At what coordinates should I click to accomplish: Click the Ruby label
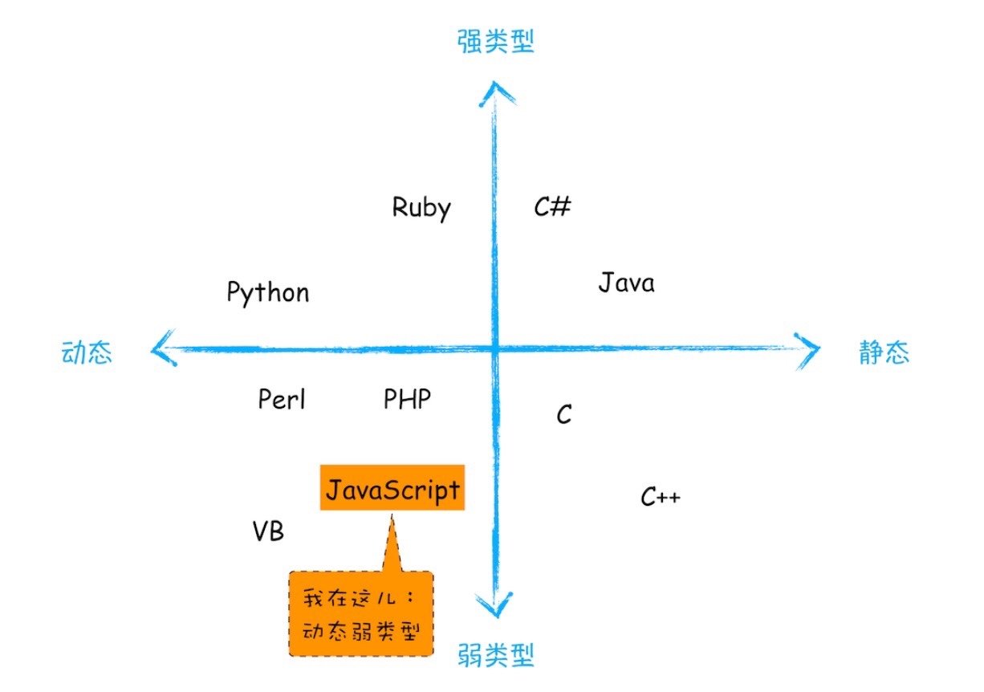[x=421, y=208]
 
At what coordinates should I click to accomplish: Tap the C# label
[x=552, y=207]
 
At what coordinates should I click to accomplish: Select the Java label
[x=626, y=283]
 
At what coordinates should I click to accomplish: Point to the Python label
[x=267, y=293]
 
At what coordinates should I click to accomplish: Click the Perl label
[x=282, y=399]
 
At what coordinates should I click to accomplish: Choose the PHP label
[x=407, y=398]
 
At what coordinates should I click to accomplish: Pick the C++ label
[x=661, y=498]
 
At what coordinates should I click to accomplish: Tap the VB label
[x=268, y=531]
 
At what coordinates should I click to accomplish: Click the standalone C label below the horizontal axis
[x=564, y=415]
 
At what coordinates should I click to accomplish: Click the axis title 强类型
[x=495, y=42]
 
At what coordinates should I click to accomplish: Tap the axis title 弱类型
[x=495, y=657]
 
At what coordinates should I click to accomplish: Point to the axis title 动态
[x=87, y=353]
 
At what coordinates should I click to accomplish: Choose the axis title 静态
[x=884, y=353]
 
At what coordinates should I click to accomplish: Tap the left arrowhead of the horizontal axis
[x=161, y=349]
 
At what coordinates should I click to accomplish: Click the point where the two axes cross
[x=494, y=348]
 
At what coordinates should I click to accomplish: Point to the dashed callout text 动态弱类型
[x=361, y=629]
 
